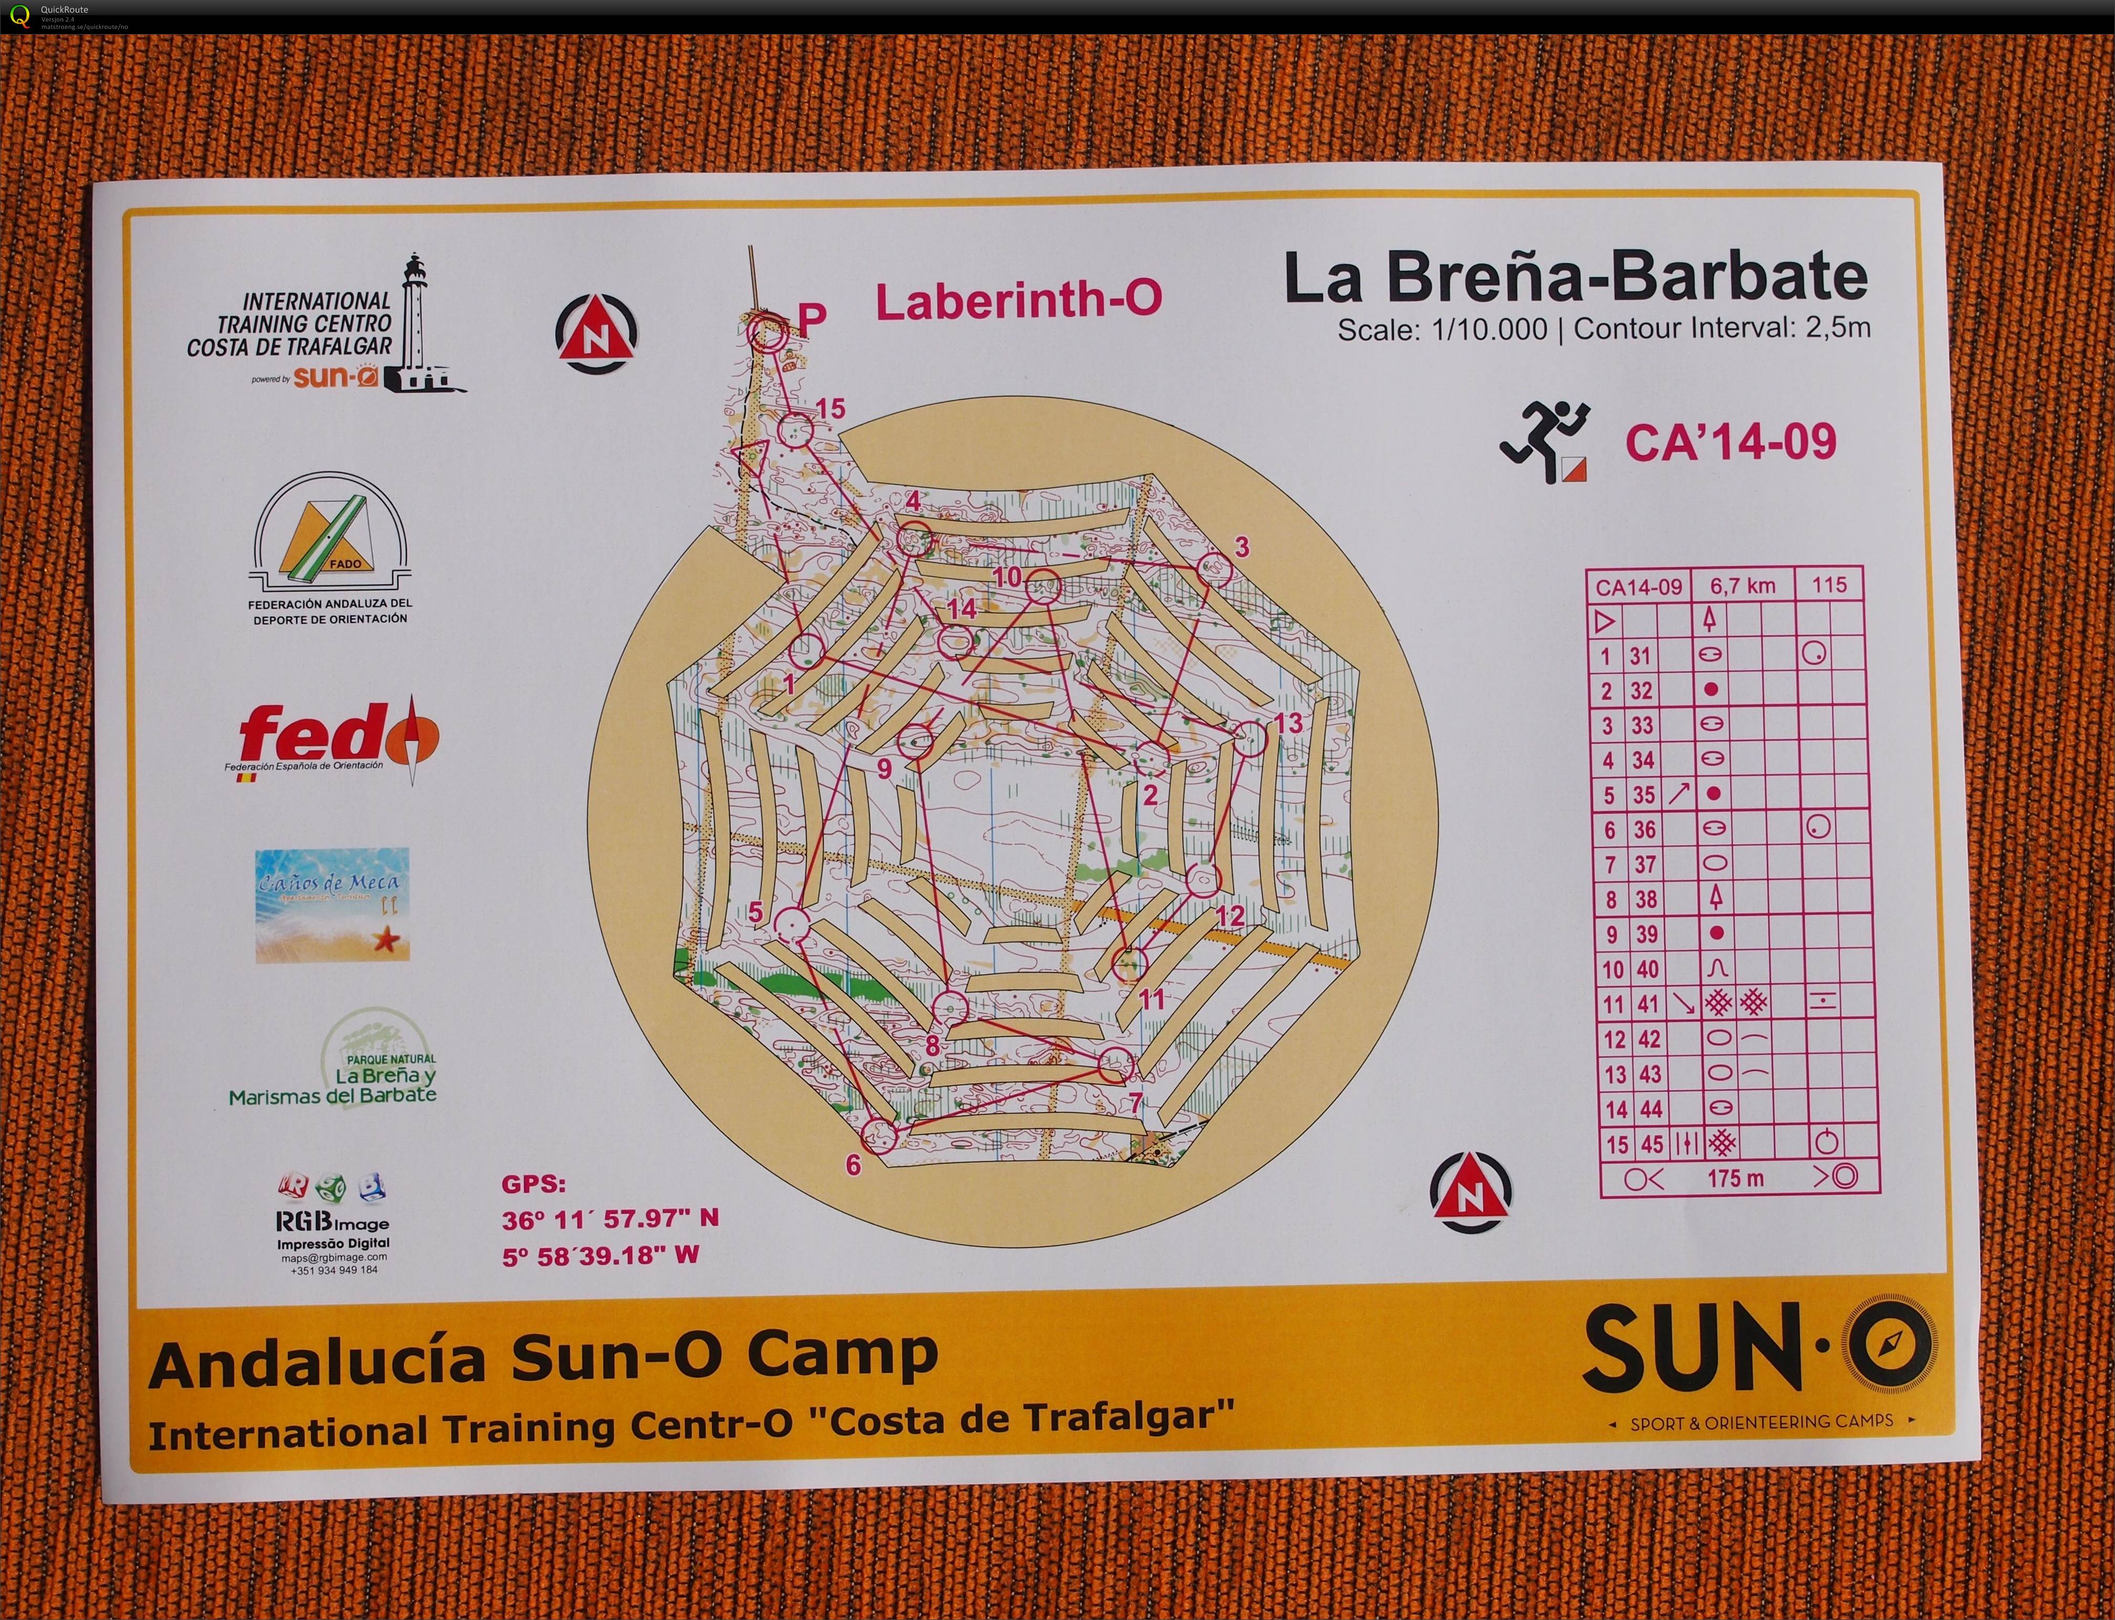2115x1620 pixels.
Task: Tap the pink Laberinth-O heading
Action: point(1019,301)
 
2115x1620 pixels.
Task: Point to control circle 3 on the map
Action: point(1215,569)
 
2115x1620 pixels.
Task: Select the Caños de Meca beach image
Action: point(332,905)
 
